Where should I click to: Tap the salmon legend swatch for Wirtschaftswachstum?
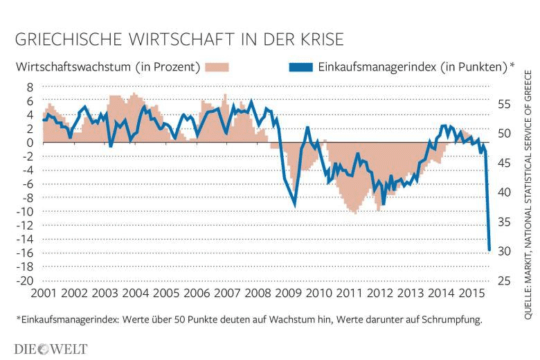(218, 67)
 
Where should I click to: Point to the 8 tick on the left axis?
(29, 87)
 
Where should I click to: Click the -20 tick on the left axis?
(25, 280)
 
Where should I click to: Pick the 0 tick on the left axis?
(29, 143)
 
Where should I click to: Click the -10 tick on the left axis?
(25, 211)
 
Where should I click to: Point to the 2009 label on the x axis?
(287, 294)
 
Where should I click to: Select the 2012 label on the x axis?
(381, 294)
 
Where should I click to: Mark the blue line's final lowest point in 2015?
(489, 250)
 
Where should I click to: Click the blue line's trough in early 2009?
(295, 205)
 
